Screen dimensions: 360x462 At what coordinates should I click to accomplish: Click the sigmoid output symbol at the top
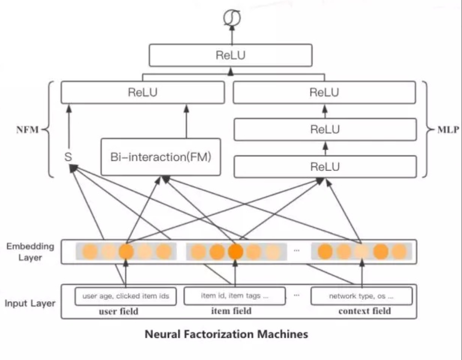pos(231,18)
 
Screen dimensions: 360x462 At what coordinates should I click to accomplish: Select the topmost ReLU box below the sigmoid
pos(230,55)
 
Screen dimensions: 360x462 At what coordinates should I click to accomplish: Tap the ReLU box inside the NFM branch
pos(143,93)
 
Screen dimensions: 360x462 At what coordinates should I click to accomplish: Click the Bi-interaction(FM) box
pos(160,157)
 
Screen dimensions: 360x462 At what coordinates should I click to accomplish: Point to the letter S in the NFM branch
pos(68,157)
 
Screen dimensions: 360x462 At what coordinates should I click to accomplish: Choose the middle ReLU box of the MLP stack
pos(324,129)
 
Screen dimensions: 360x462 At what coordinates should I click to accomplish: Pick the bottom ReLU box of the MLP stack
pos(324,166)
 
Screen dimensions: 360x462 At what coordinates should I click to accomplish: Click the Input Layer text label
pos(30,303)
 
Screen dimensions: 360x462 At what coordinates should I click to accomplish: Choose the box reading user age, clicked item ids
pos(125,296)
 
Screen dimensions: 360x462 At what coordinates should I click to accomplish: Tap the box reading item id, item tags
pos(234,296)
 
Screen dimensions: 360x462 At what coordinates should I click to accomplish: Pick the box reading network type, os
pos(361,296)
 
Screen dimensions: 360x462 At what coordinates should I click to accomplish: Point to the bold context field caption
pos(364,311)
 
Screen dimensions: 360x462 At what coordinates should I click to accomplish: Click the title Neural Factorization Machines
pos(226,334)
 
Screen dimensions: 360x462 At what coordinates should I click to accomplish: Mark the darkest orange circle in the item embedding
pos(235,251)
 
